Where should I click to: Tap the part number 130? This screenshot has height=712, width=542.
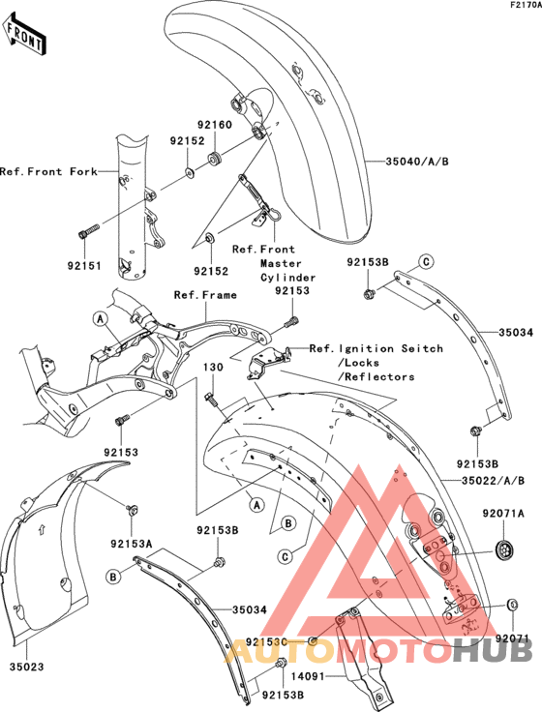click(x=213, y=368)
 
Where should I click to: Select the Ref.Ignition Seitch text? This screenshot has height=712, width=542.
click(x=376, y=348)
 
